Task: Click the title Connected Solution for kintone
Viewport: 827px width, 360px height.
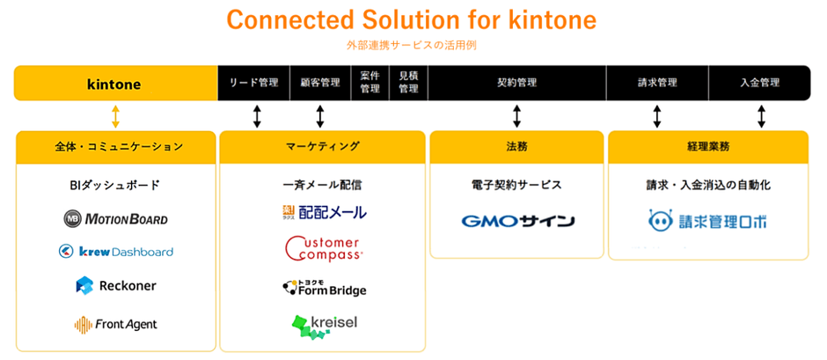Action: point(412,18)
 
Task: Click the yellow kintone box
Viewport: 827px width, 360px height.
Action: point(114,84)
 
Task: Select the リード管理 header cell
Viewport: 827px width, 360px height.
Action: point(253,83)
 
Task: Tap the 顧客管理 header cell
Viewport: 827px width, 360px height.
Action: point(319,83)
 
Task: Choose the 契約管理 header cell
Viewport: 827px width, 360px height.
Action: point(516,83)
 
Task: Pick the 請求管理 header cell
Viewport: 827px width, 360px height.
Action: point(656,83)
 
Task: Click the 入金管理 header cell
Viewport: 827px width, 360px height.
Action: point(760,83)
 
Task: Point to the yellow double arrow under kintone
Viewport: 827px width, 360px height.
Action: point(115,116)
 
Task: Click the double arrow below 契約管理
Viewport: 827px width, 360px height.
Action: point(516,116)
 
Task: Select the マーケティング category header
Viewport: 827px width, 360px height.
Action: point(322,146)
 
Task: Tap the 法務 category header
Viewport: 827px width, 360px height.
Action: point(516,146)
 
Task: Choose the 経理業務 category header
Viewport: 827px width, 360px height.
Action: point(707,146)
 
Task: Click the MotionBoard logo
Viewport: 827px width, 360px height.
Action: point(115,218)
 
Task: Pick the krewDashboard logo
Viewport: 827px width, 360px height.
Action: point(115,252)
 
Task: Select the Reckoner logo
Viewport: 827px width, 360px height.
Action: point(115,285)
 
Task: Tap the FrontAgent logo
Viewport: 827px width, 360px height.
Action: point(115,324)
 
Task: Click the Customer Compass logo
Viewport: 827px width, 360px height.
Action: point(323,248)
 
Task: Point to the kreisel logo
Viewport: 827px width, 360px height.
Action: point(323,326)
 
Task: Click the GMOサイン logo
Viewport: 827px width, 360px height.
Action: point(517,220)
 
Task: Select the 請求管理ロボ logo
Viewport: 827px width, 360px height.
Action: point(707,221)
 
